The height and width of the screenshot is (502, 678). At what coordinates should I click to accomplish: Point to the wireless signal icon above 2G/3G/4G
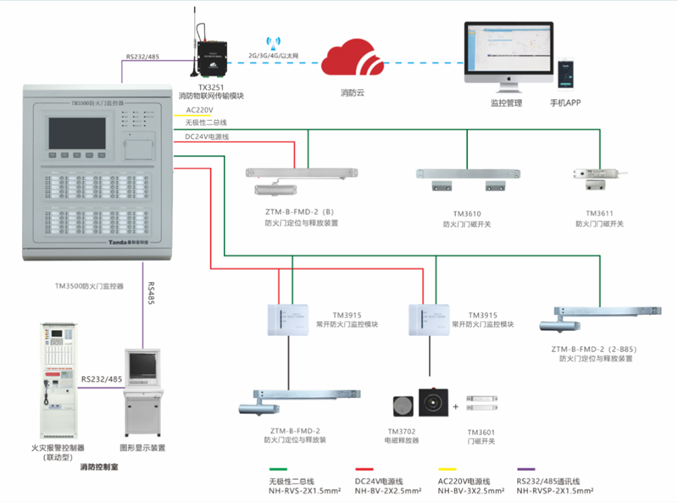(x=273, y=41)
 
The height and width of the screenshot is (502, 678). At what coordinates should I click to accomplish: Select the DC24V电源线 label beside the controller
(x=207, y=136)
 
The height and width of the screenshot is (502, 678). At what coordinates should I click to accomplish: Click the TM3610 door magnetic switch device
(x=461, y=179)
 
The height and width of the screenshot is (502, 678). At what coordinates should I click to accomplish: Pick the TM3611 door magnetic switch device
(x=603, y=176)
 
